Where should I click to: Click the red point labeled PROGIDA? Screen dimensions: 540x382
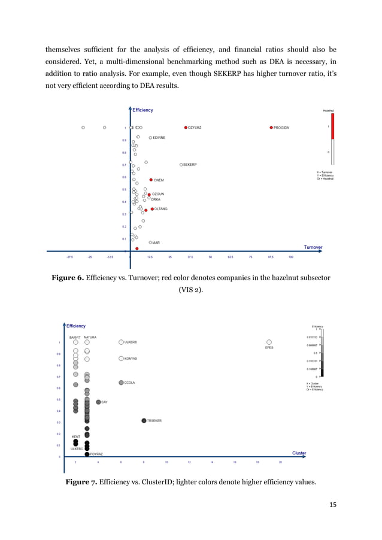tap(271, 128)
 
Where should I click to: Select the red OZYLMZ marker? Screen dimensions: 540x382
tap(186, 128)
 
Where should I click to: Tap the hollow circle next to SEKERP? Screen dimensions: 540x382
tap(181, 165)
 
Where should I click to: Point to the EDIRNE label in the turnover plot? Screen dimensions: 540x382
tap(159, 138)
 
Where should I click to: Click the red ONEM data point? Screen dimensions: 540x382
tap(151, 180)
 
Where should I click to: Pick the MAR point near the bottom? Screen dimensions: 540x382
tap(150, 242)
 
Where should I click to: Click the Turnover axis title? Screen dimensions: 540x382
tap(313, 247)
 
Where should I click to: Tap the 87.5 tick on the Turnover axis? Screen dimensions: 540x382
tap(271, 257)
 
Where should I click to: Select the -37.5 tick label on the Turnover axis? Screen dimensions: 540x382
tap(69, 257)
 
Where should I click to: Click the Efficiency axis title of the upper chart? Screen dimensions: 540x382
tap(143, 110)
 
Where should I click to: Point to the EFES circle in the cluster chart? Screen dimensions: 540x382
tap(269, 342)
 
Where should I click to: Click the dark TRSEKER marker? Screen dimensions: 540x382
tap(144, 421)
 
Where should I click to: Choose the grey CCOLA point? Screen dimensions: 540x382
tap(121, 383)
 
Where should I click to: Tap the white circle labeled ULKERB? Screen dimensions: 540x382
tap(121, 342)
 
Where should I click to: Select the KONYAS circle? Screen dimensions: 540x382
tap(121, 359)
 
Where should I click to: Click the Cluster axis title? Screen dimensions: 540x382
tap(299, 453)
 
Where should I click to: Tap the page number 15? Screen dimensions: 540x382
tap(332, 505)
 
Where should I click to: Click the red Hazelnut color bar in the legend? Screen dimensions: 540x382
tap(332, 127)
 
